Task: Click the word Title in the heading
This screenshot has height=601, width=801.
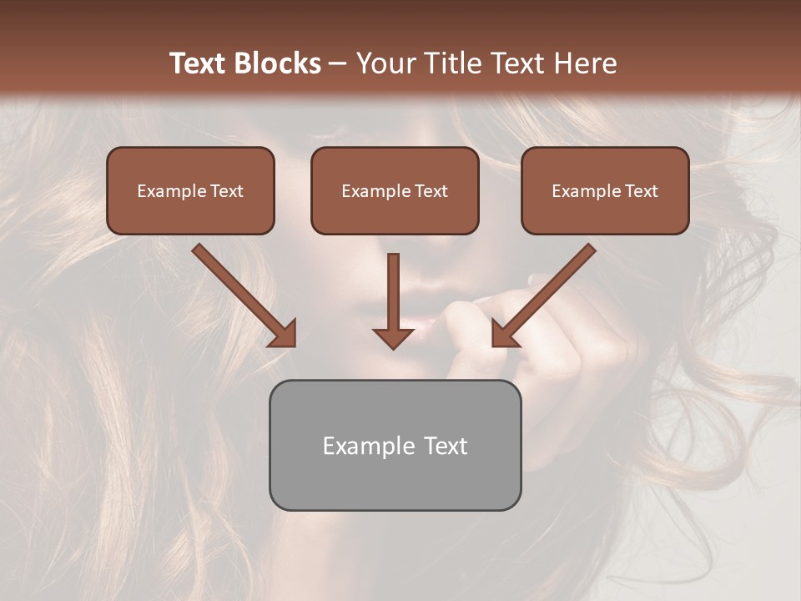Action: (451, 63)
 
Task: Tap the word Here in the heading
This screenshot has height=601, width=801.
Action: (583, 63)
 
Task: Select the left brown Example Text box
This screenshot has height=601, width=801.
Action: (190, 190)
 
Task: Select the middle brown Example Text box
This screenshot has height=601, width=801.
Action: (395, 190)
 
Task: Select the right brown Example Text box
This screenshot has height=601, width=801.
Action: (605, 190)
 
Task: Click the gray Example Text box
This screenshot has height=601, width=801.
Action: (395, 445)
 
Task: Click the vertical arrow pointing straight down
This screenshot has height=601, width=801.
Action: (393, 296)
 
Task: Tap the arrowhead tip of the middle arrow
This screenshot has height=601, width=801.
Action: (393, 346)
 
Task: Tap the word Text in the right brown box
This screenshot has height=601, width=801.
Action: (641, 191)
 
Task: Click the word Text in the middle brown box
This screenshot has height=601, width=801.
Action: (431, 191)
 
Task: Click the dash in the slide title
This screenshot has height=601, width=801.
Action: (338, 64)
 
